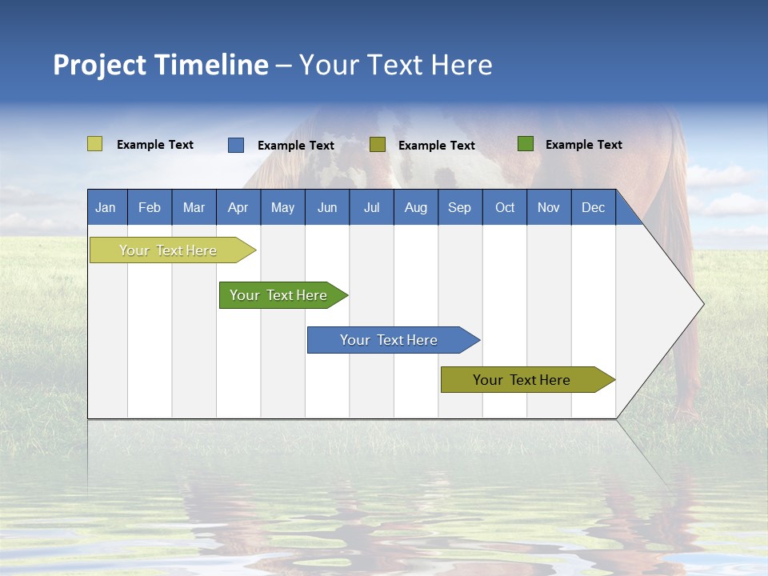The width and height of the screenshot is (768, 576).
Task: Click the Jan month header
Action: (x=106, y=207)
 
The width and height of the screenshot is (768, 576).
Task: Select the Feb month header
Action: (x=150, y=207)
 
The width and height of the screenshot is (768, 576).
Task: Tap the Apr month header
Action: (x=238, y=207)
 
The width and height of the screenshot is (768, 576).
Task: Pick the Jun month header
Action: (x=327, y=207)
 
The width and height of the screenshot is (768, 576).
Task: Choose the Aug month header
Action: (x=416, y=207)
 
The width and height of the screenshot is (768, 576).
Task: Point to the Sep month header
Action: (x=460, y=207)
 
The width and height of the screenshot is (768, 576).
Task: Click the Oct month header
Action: (x=505, y=207)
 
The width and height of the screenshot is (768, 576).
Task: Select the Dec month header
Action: (x=594, y=207)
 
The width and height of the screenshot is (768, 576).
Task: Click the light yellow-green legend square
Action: (x=94, y=144)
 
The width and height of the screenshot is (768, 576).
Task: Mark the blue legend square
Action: (x=236, y=145)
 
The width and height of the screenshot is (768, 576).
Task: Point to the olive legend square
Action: (x=378, y=145)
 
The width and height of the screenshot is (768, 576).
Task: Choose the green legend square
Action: (x=526, y=144)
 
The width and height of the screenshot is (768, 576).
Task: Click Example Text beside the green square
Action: (x=583, y=145)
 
